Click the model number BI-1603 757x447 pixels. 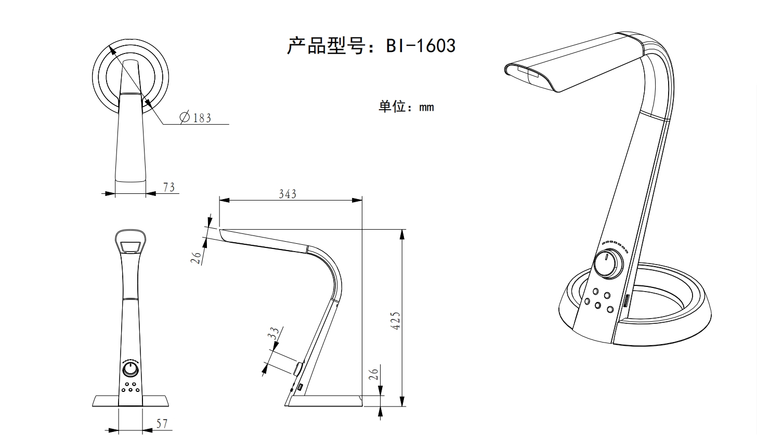click(x=420, y=46)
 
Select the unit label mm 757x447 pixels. click(x=426, y=108)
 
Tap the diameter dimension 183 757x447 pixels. click(x=202, y=118)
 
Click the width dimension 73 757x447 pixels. click(x=168, y=187)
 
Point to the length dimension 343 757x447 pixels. click(x=287, y=194)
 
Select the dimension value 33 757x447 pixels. click(x=274, y=333)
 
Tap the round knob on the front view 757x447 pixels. click(x=130, y=370)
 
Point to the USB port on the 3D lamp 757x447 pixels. click(x=627, y=301)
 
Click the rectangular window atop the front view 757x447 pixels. click(x=131, y=246)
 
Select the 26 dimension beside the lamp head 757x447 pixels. click(x=196, y=257)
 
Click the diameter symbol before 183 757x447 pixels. click(x=185, y=118)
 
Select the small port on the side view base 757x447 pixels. click(x=301, y=387)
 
